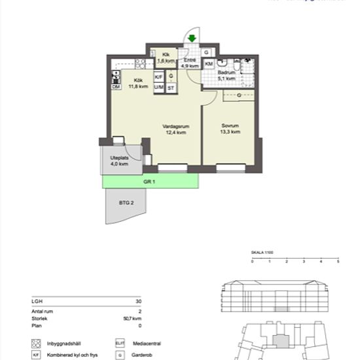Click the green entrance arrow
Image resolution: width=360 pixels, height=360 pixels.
pyautogui.click(x=192, y=39)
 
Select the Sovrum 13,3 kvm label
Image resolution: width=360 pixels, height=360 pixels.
pyautogui.click(x=230, y=129)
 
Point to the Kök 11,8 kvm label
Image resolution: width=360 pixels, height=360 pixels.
pyautogui.click(x=138, y=83)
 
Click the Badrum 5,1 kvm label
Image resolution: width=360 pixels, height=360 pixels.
pyautogui.click(x=226, y=75)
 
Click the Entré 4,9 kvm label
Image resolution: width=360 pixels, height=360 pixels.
pyautogui.click(x=189, y=63)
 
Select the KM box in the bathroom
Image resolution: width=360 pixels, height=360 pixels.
pyautogui.click(x=209, y=64)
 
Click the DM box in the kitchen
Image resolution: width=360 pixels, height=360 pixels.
pyautogui.click(x=116, y=87)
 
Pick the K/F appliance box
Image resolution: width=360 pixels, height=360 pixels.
pyautogui.click(x=158, y=77)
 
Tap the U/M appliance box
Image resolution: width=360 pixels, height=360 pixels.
pyautogui.click(x=158, y=87)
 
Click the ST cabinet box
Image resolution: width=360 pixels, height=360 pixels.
pyautogui.click(x=171, y=87)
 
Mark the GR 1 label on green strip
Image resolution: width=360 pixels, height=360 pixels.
pyautogui.click(x=149, y=181)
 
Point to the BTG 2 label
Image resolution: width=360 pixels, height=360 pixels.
pyautogui.click(x=126, y=204)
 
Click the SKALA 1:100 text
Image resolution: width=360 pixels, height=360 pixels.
pyautogui.click(x=262, y=251)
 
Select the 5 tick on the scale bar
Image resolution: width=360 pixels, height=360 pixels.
pyautogui.click(x=338, y=262)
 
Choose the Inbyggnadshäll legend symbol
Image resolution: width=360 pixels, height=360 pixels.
pyautogui.click(x=36, y=343)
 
